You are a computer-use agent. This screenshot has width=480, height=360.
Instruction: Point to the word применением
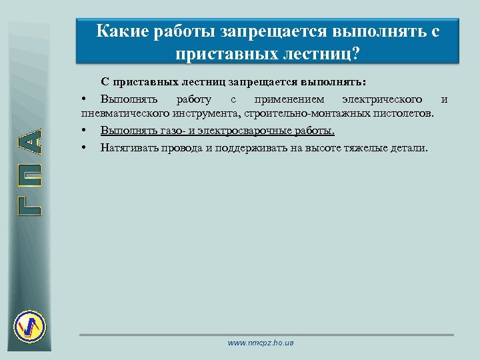pyautogui.click(x=289, y=99)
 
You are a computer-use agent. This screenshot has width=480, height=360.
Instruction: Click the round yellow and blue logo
pyautogui.click(x=29, y=326)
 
